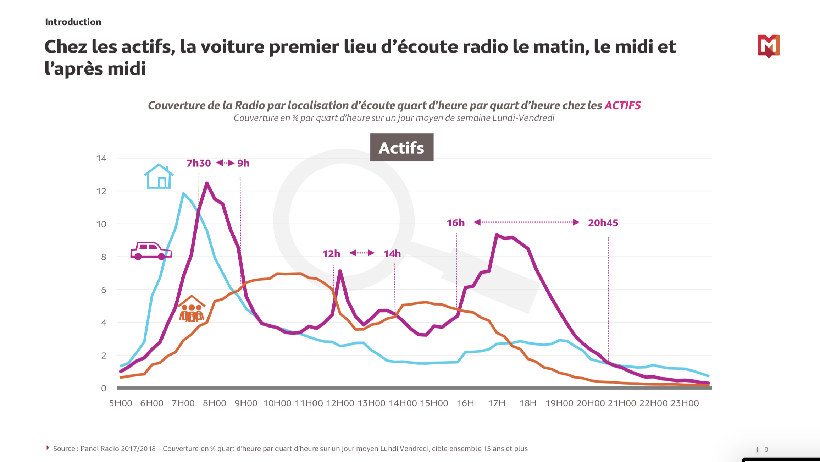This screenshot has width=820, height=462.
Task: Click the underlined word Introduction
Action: click(x=73, y=22)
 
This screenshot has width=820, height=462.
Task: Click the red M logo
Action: click(x=769, y=46)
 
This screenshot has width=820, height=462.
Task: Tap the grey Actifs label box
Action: click(x=401, y=148)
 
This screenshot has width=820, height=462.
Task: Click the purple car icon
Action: click(x=151, y=251)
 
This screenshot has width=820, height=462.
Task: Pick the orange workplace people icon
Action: click(x=192, y=309)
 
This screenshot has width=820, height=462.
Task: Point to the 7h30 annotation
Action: click(x=199, y=163)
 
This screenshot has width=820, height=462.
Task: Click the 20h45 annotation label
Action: click(x=603, y=223)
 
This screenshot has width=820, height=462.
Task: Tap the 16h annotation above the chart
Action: click(x=455, y=223)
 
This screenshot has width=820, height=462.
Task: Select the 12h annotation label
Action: click(x=331, y=254)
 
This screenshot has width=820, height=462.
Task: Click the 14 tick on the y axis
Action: click(x=101, y=158)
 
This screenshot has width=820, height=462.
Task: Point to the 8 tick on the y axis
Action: click(x=104, y=257)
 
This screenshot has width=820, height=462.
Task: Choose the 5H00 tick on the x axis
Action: click(x=121, y=403)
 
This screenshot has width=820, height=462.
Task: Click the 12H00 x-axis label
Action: click(x=340, y=403)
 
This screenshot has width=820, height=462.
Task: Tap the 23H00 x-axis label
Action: click(x=685, y=403)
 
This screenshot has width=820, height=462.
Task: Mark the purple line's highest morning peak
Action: click(x=207, y=183)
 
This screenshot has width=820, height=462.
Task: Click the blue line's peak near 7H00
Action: click(x=183, y=193)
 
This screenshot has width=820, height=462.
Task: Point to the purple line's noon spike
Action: click(x=340, y=271)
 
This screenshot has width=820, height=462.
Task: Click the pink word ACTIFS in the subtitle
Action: click(x=622, y=105)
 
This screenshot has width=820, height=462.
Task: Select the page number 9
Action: click(x=766, y=450)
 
